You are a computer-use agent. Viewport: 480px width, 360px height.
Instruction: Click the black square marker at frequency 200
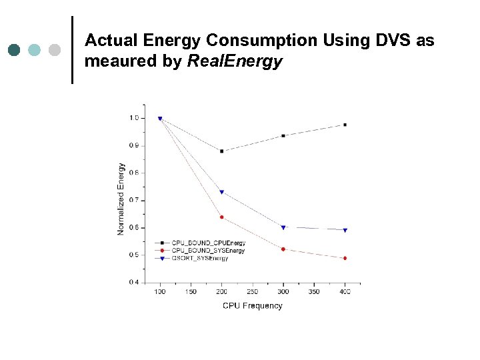221,151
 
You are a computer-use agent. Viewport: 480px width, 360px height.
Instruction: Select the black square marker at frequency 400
345,125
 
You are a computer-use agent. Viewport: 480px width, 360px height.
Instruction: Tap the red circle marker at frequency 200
221,217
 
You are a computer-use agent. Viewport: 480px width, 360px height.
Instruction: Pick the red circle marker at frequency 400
345,258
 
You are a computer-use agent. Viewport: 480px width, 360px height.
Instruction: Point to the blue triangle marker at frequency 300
283,227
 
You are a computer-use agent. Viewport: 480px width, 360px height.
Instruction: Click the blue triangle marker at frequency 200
221,192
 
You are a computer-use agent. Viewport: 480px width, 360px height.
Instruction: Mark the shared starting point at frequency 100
160,119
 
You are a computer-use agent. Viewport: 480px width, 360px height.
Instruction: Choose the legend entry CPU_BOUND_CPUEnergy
208,243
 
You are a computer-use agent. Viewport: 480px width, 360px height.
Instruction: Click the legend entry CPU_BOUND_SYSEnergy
208,251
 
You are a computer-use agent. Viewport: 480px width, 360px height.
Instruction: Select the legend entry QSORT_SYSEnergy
200,258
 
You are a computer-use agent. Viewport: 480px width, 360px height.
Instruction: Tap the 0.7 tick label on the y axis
134,200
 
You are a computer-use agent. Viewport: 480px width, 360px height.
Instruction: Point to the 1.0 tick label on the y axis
134,118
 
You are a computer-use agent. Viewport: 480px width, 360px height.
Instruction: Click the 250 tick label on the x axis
252,292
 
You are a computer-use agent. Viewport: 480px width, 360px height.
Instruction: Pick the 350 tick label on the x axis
314,292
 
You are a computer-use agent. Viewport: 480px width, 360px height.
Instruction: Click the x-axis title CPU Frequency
252,306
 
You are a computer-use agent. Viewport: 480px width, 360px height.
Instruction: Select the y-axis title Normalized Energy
121,199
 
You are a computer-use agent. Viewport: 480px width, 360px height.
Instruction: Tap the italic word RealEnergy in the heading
235,62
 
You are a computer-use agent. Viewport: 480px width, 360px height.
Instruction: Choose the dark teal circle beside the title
15,50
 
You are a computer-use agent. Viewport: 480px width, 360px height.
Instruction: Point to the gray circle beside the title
55,50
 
